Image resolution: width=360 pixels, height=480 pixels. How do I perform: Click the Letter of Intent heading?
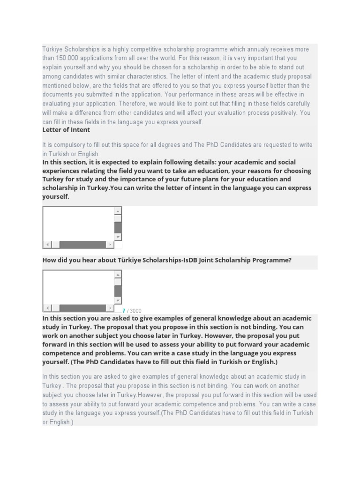pos(66,130)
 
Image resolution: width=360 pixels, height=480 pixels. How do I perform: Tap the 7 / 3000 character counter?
pos(132,311)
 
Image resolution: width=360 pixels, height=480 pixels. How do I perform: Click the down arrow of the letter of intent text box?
pos(118,237)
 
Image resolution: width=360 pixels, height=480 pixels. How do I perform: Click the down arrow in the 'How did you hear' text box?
pos(118,300)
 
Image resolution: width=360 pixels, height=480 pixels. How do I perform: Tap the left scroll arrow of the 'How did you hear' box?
pos(47,308)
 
